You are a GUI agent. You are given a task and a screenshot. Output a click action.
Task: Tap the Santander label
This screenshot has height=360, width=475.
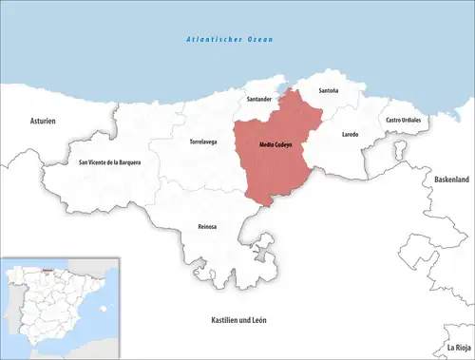point(260,99)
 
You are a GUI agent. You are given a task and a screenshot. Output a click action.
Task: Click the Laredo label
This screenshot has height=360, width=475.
point(350,135)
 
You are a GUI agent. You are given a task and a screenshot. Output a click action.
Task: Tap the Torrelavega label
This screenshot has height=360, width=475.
point(197,142)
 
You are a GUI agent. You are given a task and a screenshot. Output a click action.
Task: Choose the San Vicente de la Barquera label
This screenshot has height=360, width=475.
point(109,162)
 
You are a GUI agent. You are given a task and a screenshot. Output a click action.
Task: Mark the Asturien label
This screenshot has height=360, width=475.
point(43,122)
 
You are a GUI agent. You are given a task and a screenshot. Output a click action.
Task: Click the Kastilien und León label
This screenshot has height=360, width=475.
point(238,320)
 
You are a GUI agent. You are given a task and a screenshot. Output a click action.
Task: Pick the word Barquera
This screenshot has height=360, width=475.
point(126,162)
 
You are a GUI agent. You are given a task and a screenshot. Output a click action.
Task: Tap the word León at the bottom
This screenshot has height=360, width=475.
point(257,320)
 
